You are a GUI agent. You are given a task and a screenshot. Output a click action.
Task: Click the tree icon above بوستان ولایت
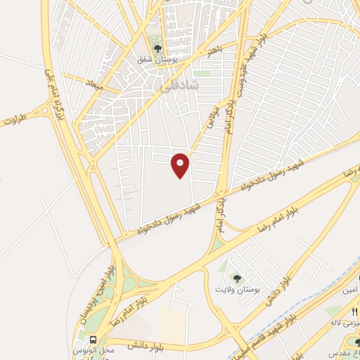(236, 278)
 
